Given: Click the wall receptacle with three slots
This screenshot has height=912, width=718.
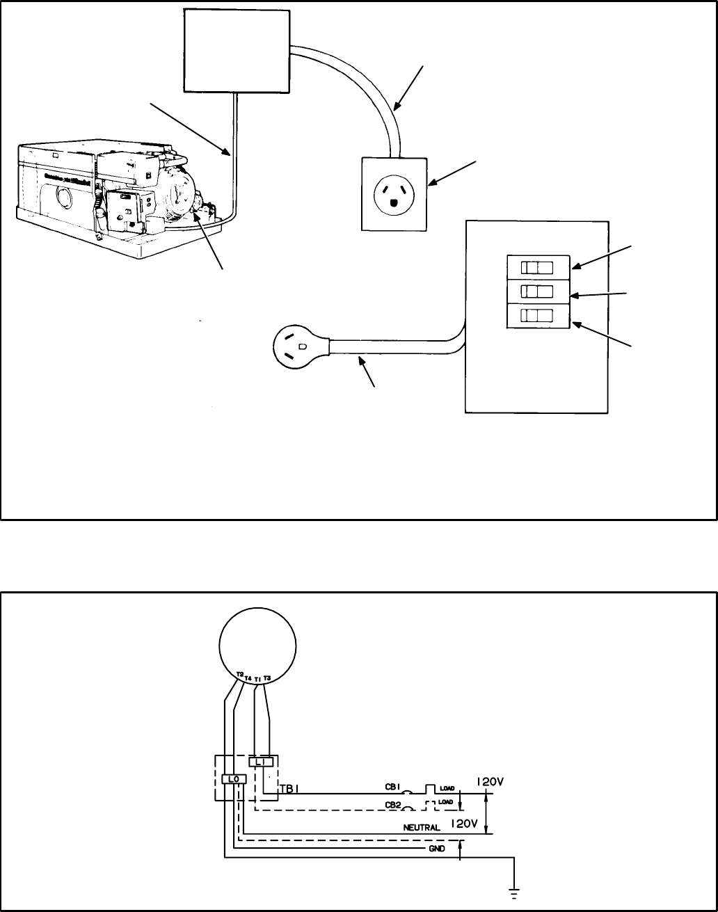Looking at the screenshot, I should click(x=394, y=193).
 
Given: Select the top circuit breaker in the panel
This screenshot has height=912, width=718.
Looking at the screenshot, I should click(x=538, y=267).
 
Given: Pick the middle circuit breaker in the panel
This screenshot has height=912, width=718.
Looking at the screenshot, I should click(x=538, y=291).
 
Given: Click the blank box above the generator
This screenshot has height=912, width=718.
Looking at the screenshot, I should click(x=237, y=50).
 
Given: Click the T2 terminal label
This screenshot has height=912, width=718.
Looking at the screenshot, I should click(x=239, y=674).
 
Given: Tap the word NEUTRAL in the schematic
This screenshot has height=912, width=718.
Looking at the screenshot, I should click(x=422, y=828).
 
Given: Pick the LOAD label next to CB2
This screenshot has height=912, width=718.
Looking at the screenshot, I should click(x=447, y=802).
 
